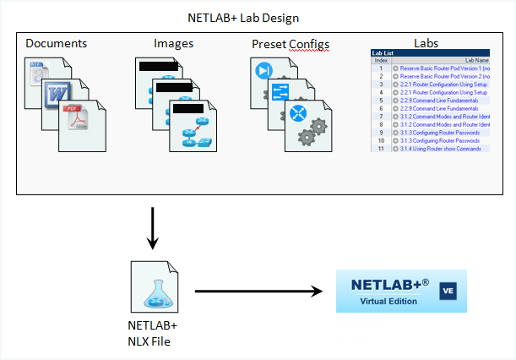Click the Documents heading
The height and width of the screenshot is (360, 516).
[57, 43]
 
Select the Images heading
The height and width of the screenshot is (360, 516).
[174, 43]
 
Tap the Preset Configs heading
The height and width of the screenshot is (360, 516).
[291, 44]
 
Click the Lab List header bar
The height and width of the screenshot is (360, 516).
[418, 52]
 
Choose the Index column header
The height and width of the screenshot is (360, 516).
[381, 59]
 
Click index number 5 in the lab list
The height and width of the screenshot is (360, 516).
[381, 99]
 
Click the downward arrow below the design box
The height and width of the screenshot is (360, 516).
[153, 228]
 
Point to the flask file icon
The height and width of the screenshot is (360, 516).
[152, 286]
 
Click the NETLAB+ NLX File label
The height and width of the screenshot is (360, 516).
[152, 332]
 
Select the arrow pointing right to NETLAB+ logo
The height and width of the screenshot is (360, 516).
[258, 292]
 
